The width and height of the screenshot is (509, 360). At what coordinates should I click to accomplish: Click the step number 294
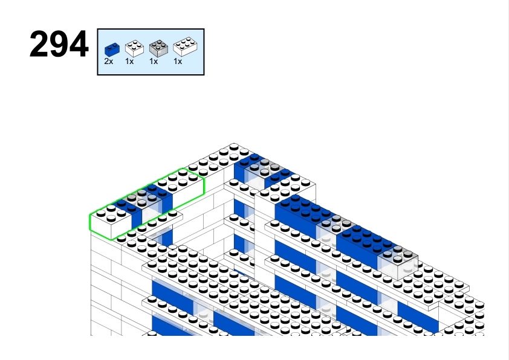pos(59,45)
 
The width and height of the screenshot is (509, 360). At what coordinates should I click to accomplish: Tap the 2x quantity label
pos(108,62)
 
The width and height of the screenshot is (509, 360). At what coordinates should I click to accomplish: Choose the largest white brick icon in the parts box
pos(183,48)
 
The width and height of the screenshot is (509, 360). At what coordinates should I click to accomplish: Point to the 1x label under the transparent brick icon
pos(154,62)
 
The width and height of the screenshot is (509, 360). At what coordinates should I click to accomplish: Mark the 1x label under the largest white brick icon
pos(178,62)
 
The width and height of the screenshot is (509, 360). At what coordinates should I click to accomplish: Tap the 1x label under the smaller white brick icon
pos(129,62)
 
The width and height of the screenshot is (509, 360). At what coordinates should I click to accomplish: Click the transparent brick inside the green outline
pos(148,202)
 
